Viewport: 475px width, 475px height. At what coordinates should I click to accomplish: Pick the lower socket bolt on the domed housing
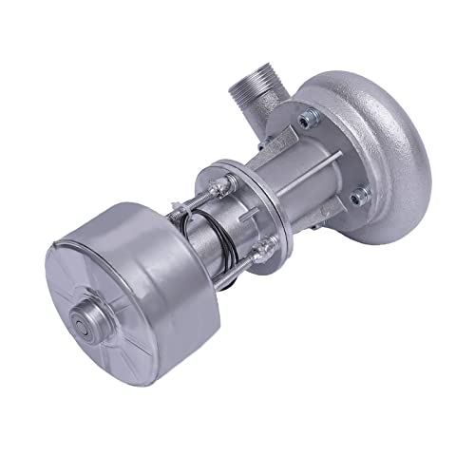pyautogui.click(x=358, y=197)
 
